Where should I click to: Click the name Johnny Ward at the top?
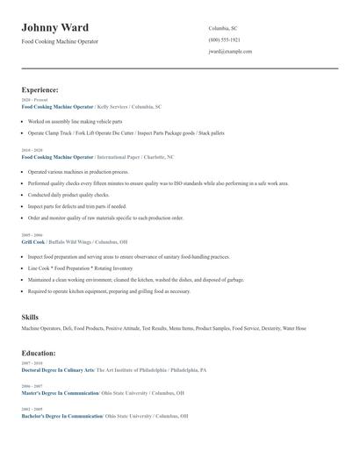click(x=54, y=28)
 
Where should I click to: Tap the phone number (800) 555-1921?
click(x=224, y=40)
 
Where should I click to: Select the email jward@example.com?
click(x=230, y=52)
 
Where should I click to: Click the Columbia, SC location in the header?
click(x=223, y=28)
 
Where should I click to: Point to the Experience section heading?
click(x=40, y=89)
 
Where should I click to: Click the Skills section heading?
click(x=30, y=316)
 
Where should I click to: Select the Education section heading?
click(x=39, y=353)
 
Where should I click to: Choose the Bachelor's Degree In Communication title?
click(x=61, y=416)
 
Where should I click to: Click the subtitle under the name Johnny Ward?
click(x=60, y=41)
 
